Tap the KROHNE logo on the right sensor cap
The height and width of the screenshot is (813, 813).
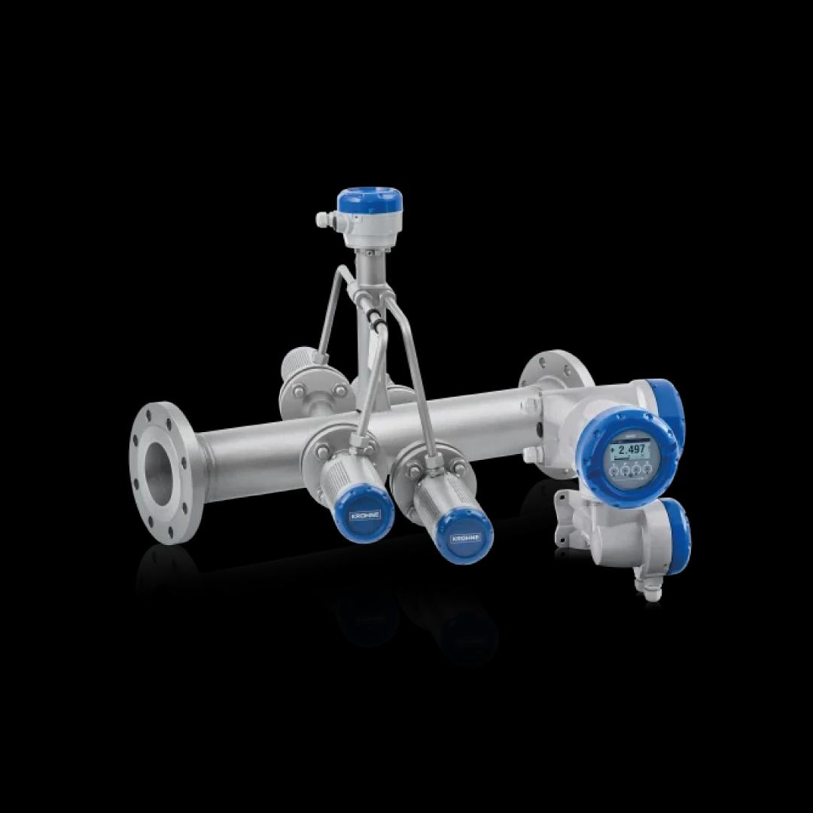pos(461,540)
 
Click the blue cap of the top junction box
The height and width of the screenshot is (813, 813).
pos(369,201)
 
